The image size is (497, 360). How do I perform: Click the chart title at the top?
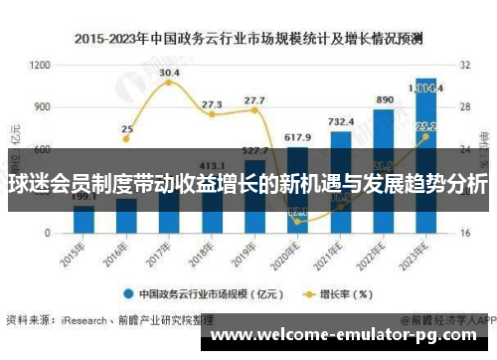tap(248, 39)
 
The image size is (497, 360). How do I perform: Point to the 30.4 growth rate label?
tap(169, 73)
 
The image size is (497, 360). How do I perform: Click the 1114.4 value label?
tap(427, 88)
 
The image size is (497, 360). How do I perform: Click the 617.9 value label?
tap(297, 136)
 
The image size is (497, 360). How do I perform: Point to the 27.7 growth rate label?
tap(254, 100)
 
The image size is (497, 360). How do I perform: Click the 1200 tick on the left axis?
tap(40, 65)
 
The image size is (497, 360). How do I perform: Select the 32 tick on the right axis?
tap(464, 65)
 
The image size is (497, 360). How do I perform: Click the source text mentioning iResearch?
tap(109, 320)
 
